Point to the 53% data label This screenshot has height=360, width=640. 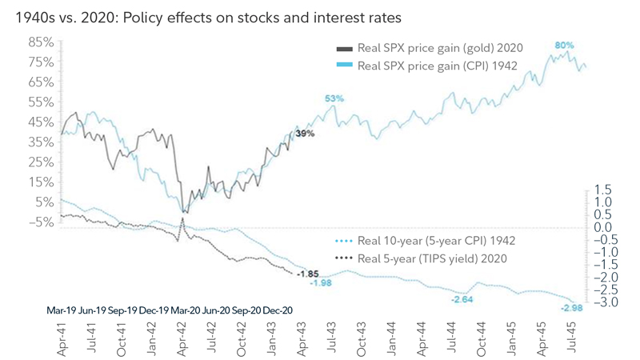pos(334,98)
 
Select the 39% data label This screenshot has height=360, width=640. pos(305,134)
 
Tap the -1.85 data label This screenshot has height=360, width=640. pos(309,274)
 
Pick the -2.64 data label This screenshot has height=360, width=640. pos(462,299)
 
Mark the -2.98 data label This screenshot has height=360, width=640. pos(571,308)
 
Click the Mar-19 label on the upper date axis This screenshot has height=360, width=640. pos(60,309)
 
